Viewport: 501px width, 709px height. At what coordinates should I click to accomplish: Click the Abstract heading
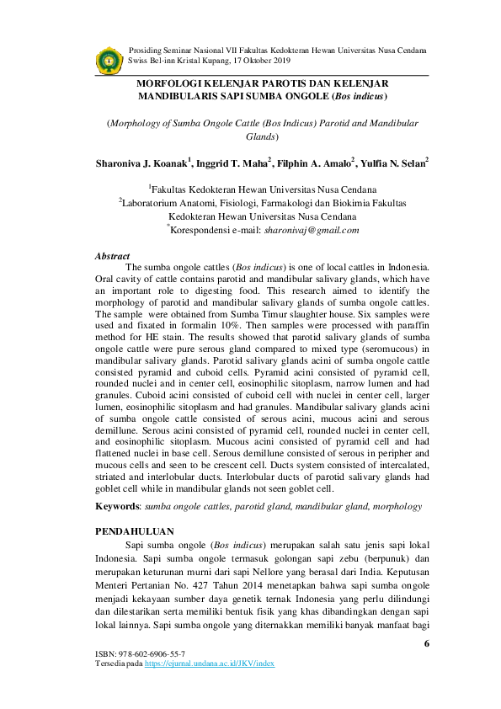(x=112, y=256)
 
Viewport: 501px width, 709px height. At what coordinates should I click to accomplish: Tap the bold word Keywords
(x=117, y=507)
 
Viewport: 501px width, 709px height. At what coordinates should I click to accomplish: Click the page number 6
(x=427, y=643)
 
